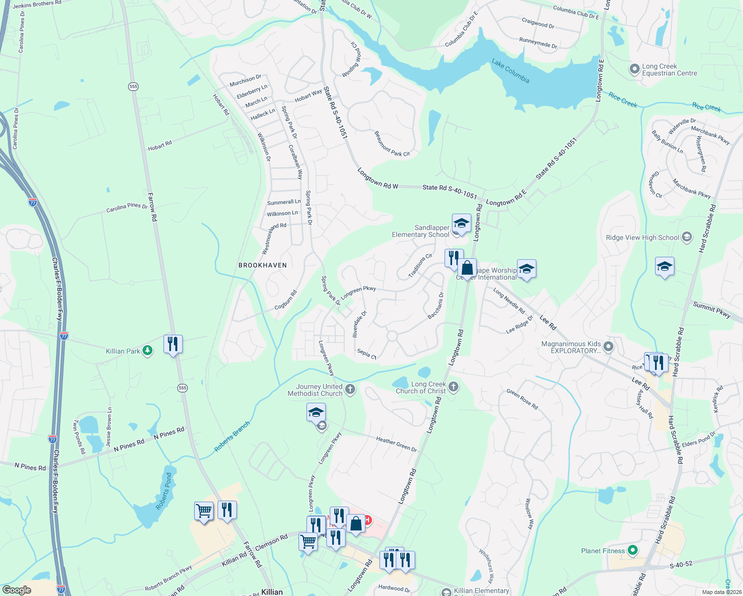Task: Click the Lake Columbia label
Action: (x=511, y=71)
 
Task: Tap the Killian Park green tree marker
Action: (x=147, y=351)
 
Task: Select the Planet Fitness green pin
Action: (x=632, y=550)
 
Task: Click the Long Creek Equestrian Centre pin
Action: (x=634, y=69)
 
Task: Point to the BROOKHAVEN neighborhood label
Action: (x=263, y=265)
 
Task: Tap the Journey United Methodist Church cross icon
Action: (x=350, y=389)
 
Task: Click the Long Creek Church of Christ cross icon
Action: (x=453, y=387)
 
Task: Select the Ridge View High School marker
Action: (x=687, y=237)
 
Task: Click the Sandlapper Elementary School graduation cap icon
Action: (x=461, y=223)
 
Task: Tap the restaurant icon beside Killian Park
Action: (x=173, y=344)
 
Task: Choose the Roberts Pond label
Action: (x=164, y=491)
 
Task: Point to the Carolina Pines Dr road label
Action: (x=127, y=207)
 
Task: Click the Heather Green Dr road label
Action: (x=396, y=444)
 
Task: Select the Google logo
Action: (x=17, y=590)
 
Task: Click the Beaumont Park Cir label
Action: (x=392, y=144)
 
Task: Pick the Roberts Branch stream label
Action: (x=232, y=437)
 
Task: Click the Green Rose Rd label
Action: (x=522, y=399)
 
